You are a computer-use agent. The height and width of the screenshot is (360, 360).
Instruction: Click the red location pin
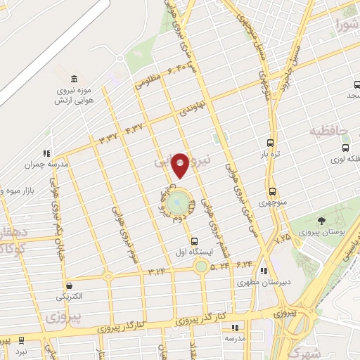(180, 166)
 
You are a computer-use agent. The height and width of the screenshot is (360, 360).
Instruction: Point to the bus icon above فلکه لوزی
(345, 148)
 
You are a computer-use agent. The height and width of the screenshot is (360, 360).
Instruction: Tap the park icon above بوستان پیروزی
(322, 221)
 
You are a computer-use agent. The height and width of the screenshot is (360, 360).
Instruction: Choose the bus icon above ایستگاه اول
(194, 240)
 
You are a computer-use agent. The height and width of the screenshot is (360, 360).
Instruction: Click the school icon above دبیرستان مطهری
(263, 271)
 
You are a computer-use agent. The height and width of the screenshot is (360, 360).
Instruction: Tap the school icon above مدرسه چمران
(46, 153)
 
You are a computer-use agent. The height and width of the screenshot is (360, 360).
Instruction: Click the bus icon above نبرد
(21, 339)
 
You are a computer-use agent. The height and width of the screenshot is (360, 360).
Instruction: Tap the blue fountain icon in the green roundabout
(191, 206)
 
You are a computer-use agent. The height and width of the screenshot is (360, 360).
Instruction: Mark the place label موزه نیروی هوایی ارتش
(74, 95)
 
